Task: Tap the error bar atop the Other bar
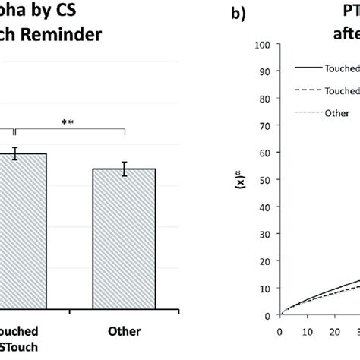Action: point(124,169)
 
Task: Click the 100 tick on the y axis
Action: point(266,45)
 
